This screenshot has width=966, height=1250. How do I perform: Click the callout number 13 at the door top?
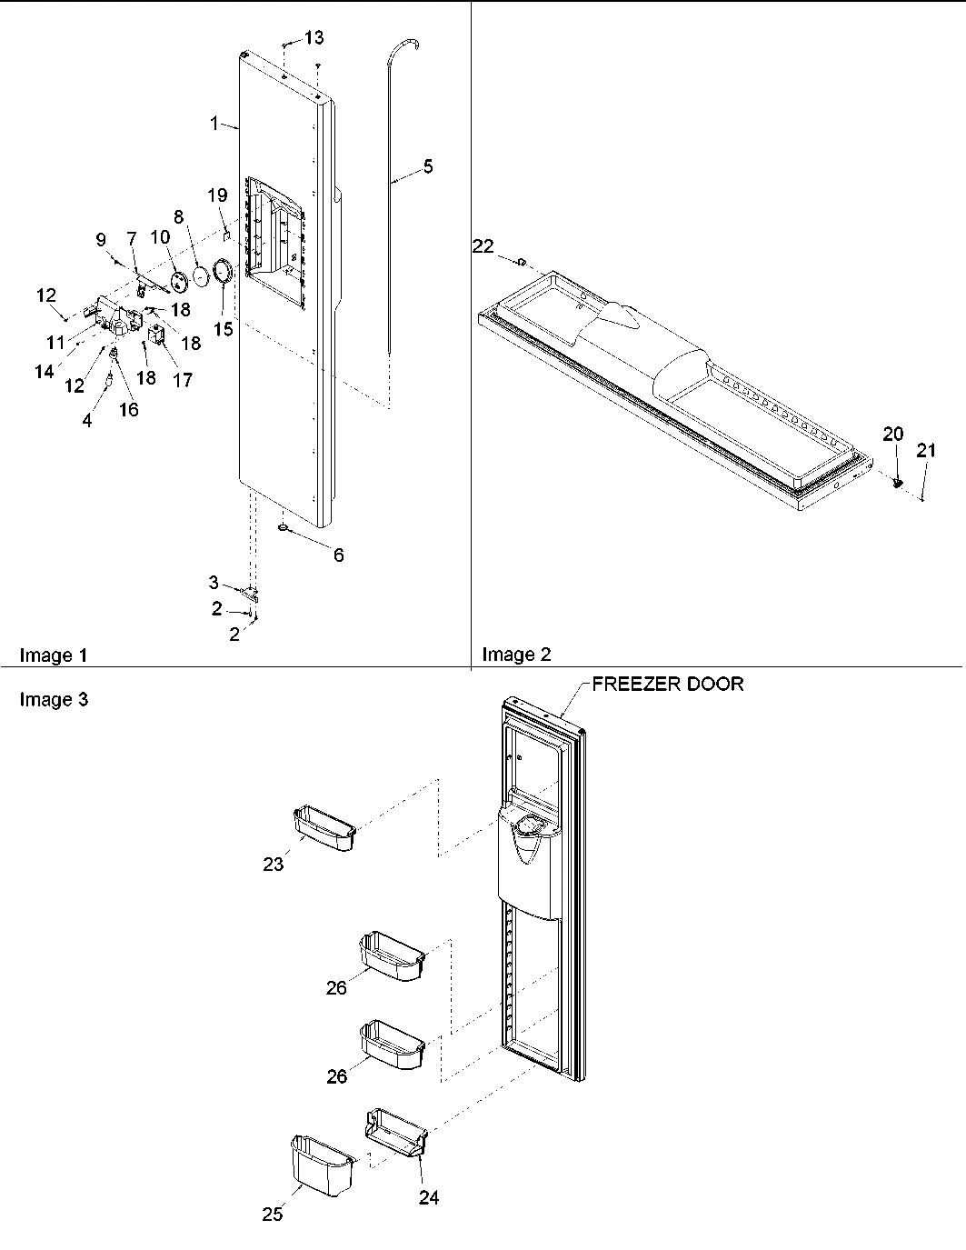(x=314, y=37)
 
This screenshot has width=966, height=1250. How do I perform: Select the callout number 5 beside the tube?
(x=428, y=166)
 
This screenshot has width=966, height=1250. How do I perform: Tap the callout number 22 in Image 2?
(x=483, y=245)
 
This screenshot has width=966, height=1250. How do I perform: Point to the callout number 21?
(x=925, y=449)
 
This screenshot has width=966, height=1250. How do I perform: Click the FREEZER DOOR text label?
(x=667, y=685)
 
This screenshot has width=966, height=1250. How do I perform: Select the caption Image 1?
(x=53, y=655)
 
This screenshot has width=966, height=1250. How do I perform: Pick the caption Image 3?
(x=53, y=699)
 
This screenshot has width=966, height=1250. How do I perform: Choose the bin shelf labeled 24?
(x=396, y=1131)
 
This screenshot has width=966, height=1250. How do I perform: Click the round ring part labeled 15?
(x=223, y=272)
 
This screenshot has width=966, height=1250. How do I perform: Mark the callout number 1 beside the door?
(x=215, y=123)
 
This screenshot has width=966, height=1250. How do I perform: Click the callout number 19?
(x=216, y=195)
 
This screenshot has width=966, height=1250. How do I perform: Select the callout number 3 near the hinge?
(x=214, y=583)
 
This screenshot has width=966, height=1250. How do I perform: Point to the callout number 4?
(x=87, y=421)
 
